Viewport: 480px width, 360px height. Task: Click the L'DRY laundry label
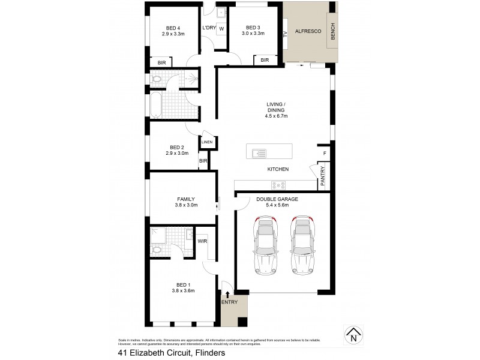click(x=209, y=28)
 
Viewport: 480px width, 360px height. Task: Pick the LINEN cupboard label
click(x=207, y=142)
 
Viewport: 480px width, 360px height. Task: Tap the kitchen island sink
click(x=259, y=152)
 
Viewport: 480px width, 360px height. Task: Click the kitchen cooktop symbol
click(x=279, y=185)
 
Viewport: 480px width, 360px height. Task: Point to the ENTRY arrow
click(x=227, y=293)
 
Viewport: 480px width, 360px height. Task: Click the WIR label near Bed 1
click(x=202, y=241)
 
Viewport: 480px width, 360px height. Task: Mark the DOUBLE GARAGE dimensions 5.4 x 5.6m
click(x=277, y=206)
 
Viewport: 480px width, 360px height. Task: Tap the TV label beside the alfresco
click(x=286, y=34)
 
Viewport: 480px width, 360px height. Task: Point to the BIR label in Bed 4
click(x=161, y=62)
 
